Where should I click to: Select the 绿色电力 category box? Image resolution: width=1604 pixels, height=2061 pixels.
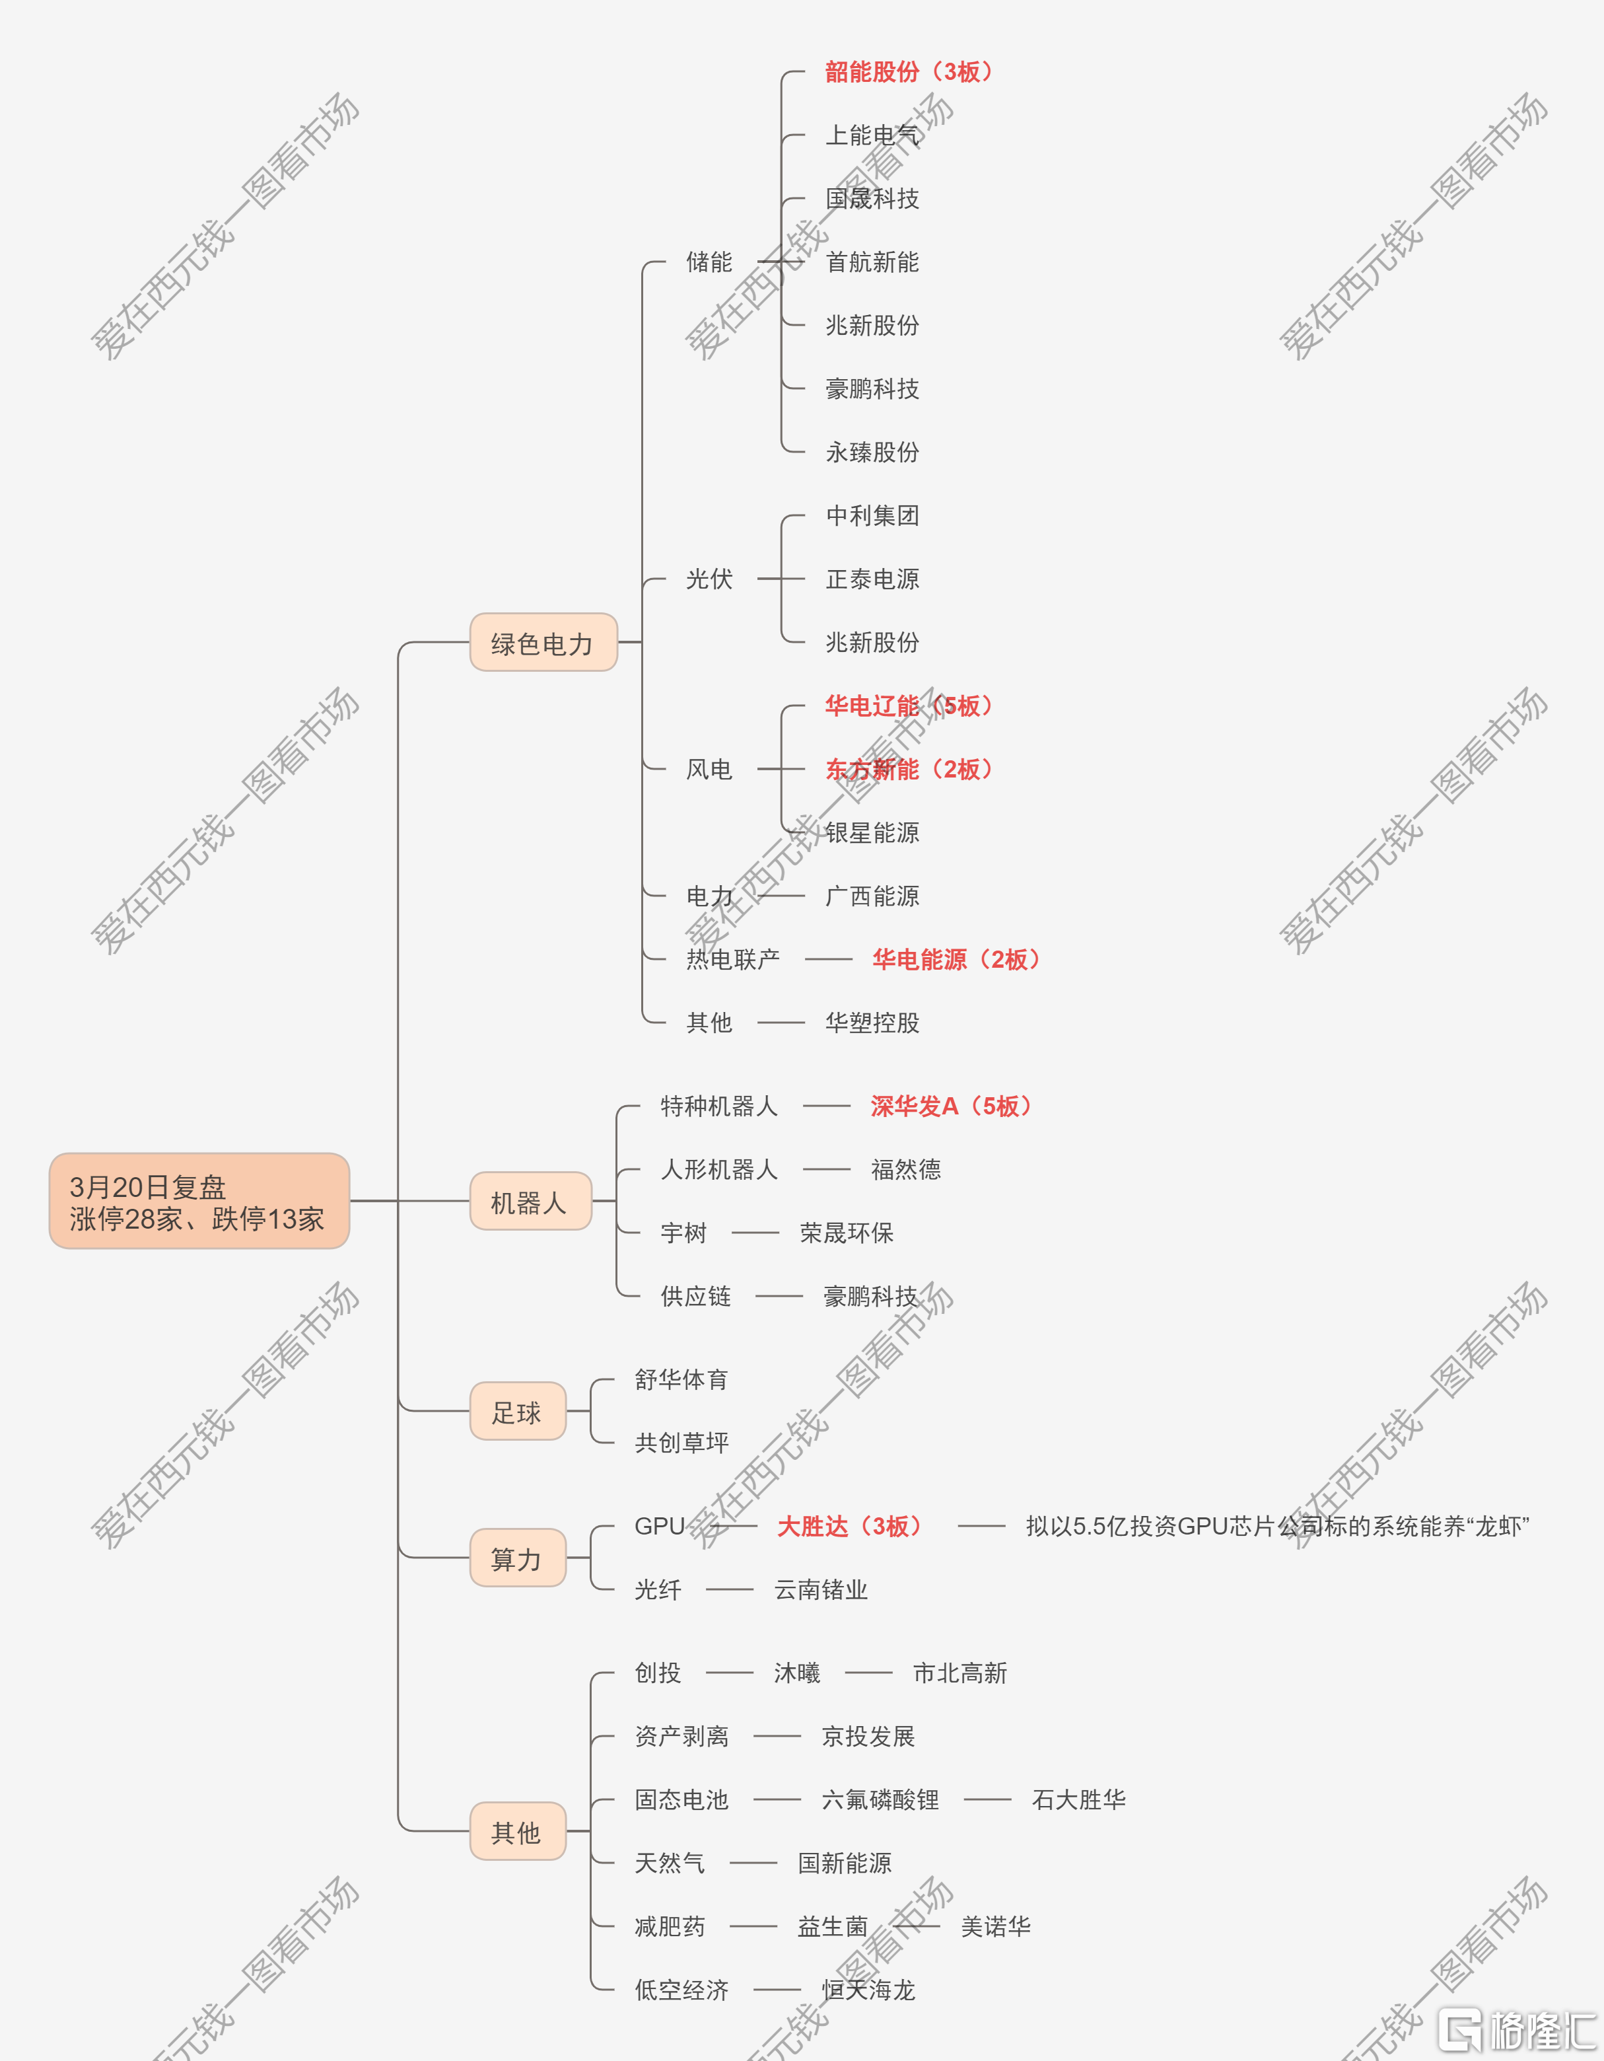[x=543, y=643]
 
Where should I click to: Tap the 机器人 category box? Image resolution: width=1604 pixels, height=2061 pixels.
[x=530, y=1202]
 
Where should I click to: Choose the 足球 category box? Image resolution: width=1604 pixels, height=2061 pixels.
[x=518, y=1411]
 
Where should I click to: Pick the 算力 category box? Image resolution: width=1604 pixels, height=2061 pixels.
[x=518, y=1558]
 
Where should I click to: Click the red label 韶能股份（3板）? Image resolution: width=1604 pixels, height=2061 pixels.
[x=909, y=72]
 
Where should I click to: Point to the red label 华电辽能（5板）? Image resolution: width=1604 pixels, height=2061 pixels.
[x=909, y=706]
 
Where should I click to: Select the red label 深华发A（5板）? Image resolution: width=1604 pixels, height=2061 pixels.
[x=951, y=1106]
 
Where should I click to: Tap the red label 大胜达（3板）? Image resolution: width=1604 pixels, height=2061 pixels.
[x=849, y=1526]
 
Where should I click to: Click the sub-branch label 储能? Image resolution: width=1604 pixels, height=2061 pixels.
[x=709, y=262]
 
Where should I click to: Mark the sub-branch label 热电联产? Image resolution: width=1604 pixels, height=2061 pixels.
[x=733, y=960]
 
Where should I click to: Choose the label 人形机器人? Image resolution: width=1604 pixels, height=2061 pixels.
[x=719, y=1170]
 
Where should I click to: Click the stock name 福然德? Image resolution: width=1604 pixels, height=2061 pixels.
[x=906, y=1170]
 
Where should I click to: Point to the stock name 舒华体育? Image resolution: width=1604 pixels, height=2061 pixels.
[x=682, y=1380]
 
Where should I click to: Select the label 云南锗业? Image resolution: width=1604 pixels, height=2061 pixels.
[x=821, y=1590]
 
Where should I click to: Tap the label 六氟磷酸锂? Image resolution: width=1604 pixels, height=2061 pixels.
[x=880, y=1799]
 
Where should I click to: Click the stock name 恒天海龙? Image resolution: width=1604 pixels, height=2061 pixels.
[x=868, y=1990]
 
